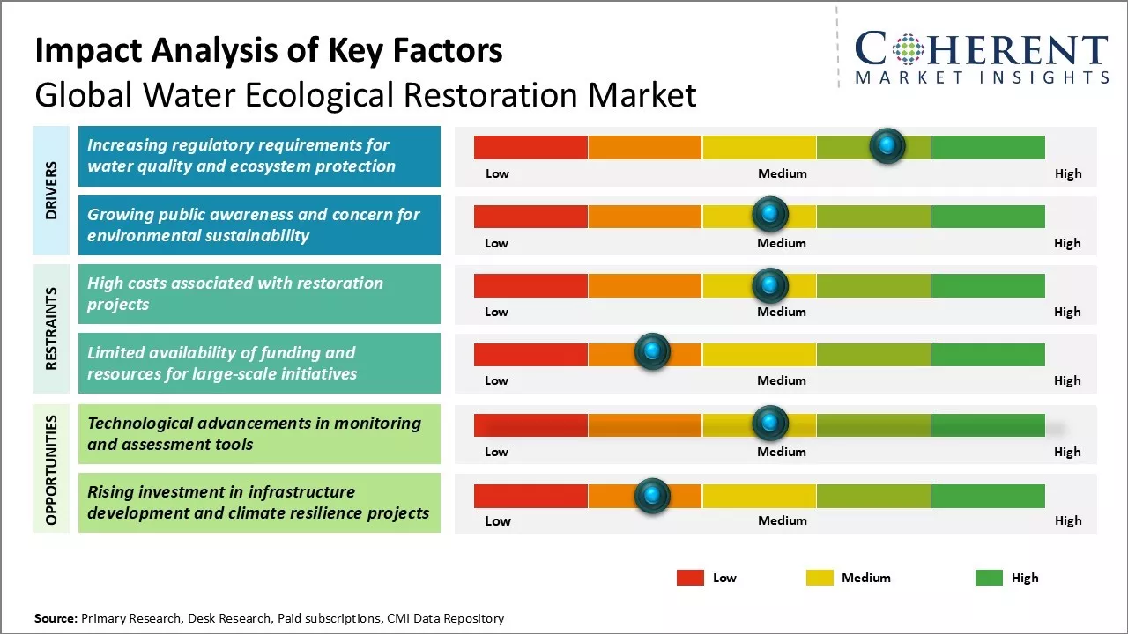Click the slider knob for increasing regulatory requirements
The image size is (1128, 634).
coord(887,145)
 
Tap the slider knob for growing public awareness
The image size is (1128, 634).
coord(770,214)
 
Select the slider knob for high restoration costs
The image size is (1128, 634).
coord(770,284)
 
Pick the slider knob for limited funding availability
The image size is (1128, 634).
coord(652,352)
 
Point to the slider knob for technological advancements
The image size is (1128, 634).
coord(770,424)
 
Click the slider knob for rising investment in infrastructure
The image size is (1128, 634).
coord(652,496)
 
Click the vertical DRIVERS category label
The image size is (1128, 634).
coord(51,190)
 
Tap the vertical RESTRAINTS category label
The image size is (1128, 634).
coord(51,328)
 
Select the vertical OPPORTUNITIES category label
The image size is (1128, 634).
coord(51,469)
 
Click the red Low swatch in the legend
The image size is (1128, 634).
coord(690,578)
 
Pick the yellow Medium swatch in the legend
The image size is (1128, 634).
coord(820,578)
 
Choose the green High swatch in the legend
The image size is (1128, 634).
coord(989,578)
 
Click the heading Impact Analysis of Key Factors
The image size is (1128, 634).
coord(269,51)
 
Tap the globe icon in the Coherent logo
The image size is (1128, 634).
coord(908,49)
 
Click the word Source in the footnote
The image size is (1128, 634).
coord(56,618)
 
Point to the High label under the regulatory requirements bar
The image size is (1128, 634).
coord(1068,173)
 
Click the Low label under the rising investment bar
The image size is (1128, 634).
coord(498,520)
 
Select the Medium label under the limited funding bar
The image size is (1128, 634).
coord(782,380)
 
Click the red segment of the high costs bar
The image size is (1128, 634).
coord(531,285)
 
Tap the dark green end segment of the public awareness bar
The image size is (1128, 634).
coord(987,216)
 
